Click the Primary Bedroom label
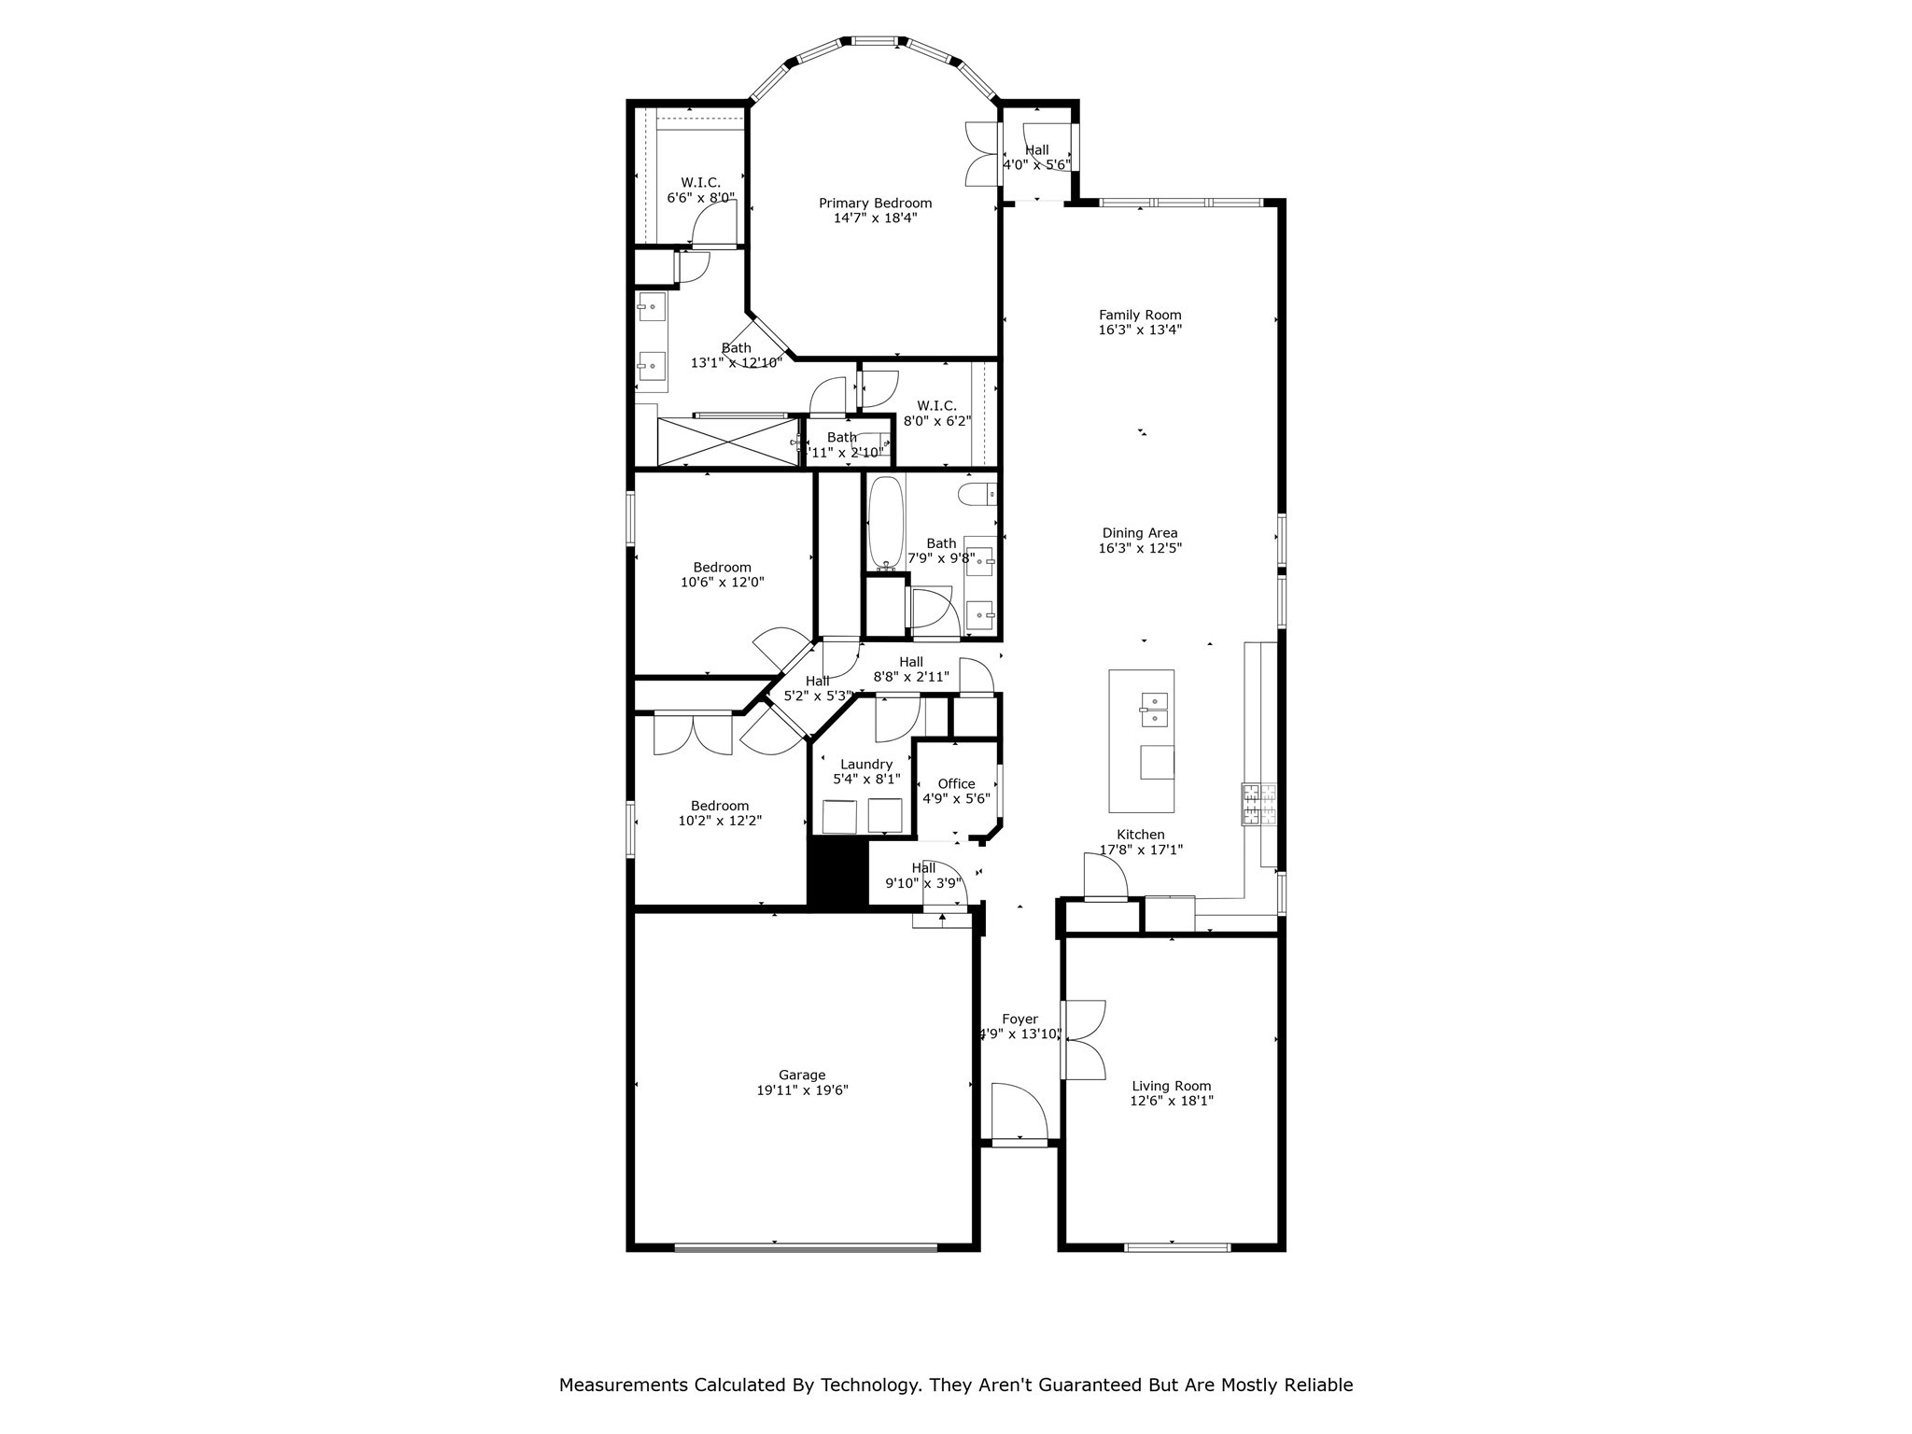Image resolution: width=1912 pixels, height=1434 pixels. pyautogui.click(x=875, y=203)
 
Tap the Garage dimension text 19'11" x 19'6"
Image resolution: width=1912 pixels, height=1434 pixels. pyautogui.click(x=802, y=1090)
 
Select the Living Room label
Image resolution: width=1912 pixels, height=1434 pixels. pyautogui.click(x=1171, y=1086)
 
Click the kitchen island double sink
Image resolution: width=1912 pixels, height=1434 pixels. pyautogui.click(x=1155, y=710)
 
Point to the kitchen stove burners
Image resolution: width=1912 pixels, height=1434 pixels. pyautogui.click(x=1258, y=803)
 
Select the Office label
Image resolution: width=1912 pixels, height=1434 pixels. pyautogui.click(x=956, y=784)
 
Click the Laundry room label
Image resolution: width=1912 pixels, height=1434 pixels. pyautogui.click(x=865, y=765)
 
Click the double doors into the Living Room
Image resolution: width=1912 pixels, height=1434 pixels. pyautogui.click(x=1082, y=1039)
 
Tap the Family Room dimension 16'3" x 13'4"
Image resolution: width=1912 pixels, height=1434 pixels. pyautogui.click(x=1140, y=330)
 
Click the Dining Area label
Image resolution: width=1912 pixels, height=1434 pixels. pyautogui.click(x=1140, y=533)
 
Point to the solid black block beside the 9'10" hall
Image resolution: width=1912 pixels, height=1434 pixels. pyautogui.click(x=837, y=870)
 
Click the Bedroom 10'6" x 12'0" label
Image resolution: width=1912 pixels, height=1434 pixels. pyautogui.click(x=722, y=568)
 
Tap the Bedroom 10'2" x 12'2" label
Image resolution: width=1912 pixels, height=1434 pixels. pyautogui.click(x=720, y=806)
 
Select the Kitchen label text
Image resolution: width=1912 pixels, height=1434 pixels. pyautogui.click(x=1140, y=835)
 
